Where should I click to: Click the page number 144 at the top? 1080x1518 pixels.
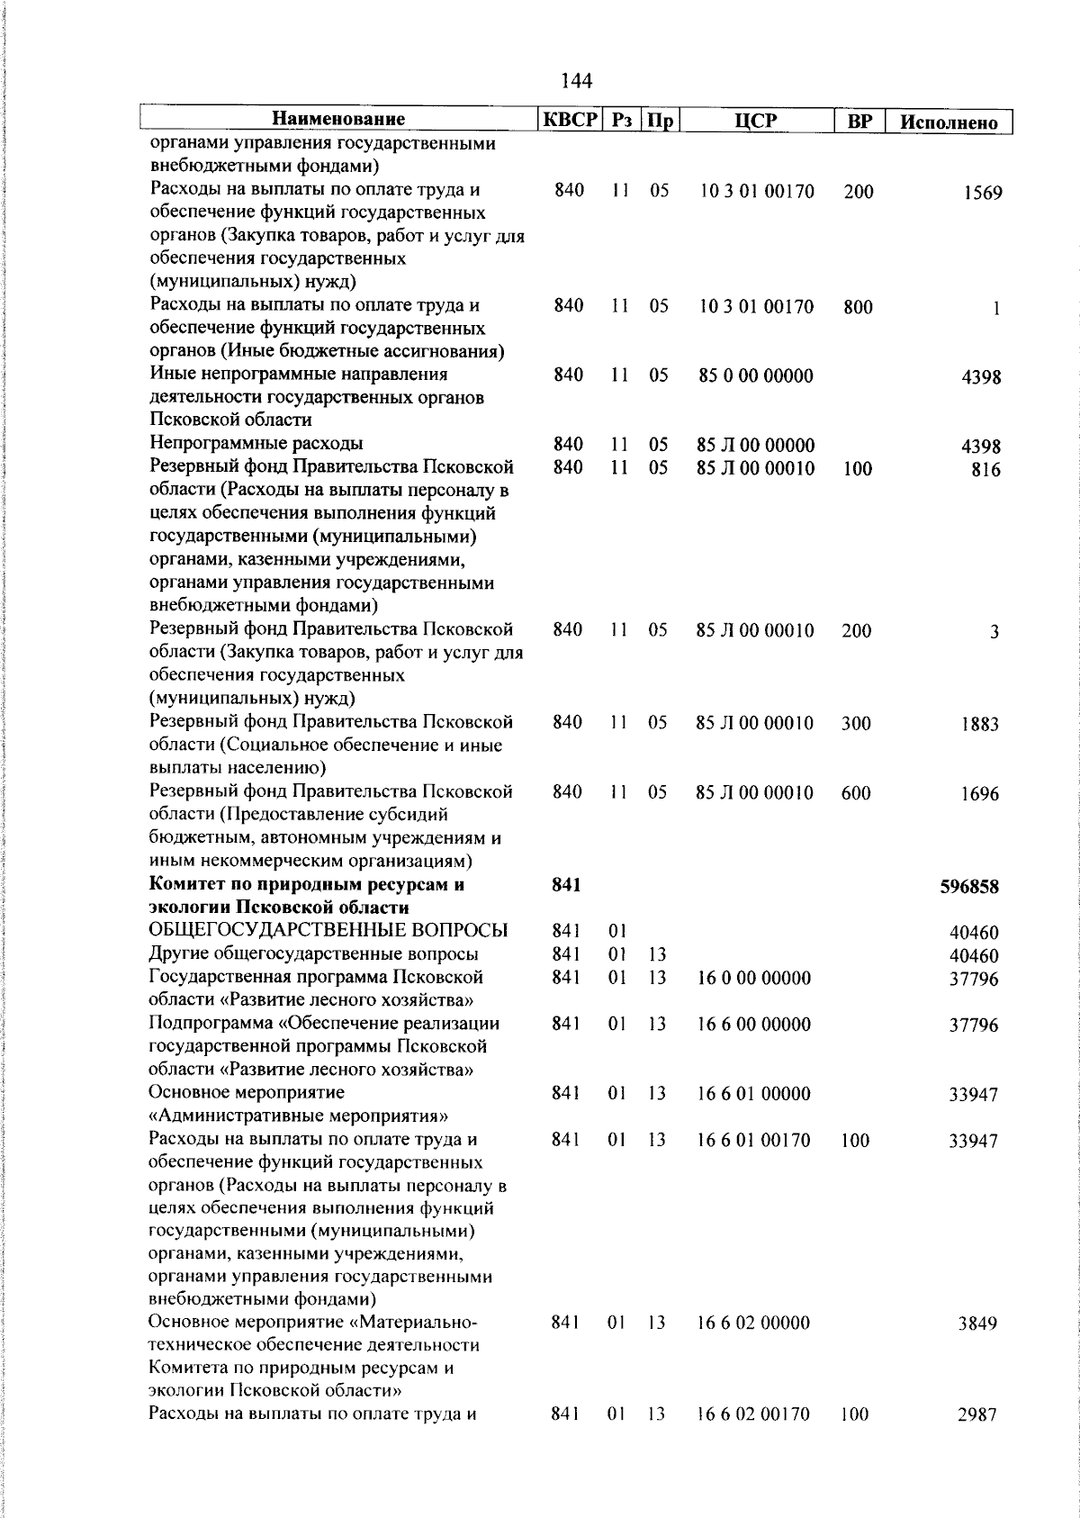[x=576, y=81]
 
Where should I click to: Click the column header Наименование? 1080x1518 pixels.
[x=338, y=119]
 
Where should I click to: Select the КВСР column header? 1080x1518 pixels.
[x=569, y=120]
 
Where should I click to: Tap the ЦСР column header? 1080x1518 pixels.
[x=755, y=120]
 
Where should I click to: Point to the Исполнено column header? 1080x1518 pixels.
[x=949, y=122]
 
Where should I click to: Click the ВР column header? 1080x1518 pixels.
[x=859, y=121]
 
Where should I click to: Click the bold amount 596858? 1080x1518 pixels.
[x=969, y=887]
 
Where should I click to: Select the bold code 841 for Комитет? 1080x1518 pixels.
[x=566, y=885]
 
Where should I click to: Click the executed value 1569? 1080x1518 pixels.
[x=981, y=193]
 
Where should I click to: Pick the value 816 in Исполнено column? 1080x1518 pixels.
[x=985, y=470]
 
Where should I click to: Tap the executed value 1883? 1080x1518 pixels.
[x=979, y=724]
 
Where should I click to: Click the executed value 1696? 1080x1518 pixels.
[x=979, y=794]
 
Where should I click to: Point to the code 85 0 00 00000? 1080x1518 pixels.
[x=755, y=376]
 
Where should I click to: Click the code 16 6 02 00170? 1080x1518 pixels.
[x=754, y=1414]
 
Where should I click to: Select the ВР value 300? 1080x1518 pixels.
[x=856, y=723]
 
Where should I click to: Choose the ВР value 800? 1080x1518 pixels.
[x=858, y=307]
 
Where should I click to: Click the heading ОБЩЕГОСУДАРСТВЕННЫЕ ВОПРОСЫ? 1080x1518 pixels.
[x=328, y=931]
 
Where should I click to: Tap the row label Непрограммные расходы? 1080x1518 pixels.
[x=256, y=444]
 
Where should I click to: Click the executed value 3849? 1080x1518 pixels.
[x=979, y=1324]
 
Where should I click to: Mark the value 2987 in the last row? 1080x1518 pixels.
[x=977, y=1415]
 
